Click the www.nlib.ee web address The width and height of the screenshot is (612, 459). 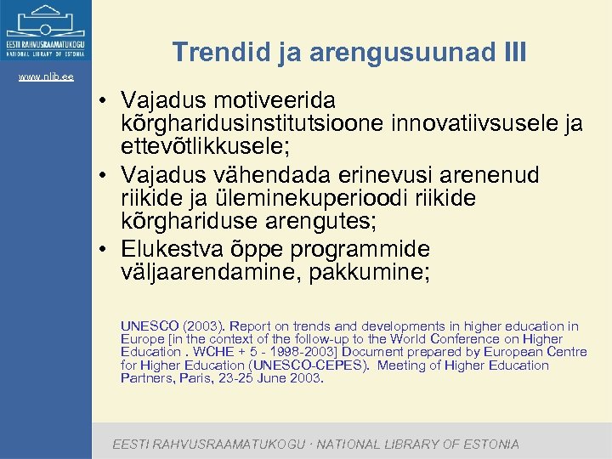(x=46, y=77)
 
